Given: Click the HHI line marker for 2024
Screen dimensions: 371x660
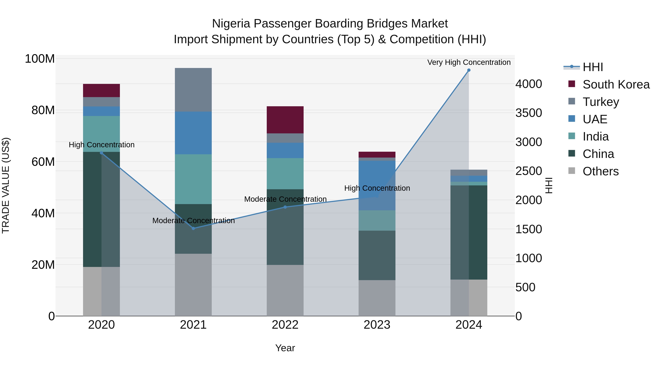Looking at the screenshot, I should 469,70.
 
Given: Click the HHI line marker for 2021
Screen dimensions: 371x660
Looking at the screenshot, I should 193,228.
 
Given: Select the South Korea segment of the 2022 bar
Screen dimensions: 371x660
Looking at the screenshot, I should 285,120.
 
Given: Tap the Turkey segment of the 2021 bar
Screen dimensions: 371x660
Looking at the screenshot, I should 193,90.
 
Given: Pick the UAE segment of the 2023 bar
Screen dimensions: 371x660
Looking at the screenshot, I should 377,185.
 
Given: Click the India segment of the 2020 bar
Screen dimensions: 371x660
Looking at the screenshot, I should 101,134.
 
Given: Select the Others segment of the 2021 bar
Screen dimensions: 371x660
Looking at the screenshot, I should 193,285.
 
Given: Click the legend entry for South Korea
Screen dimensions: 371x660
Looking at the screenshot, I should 616,84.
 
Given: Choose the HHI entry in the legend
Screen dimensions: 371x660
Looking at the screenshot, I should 593,67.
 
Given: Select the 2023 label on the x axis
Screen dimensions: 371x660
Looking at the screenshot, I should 377,325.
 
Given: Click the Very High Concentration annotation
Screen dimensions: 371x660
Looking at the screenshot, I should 469,62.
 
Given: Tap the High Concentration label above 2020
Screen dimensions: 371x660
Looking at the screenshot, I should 101,145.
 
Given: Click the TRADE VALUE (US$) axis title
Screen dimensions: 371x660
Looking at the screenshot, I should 6,185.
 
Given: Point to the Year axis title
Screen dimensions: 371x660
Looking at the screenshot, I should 285,348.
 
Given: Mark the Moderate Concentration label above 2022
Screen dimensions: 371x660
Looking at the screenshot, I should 285,199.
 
